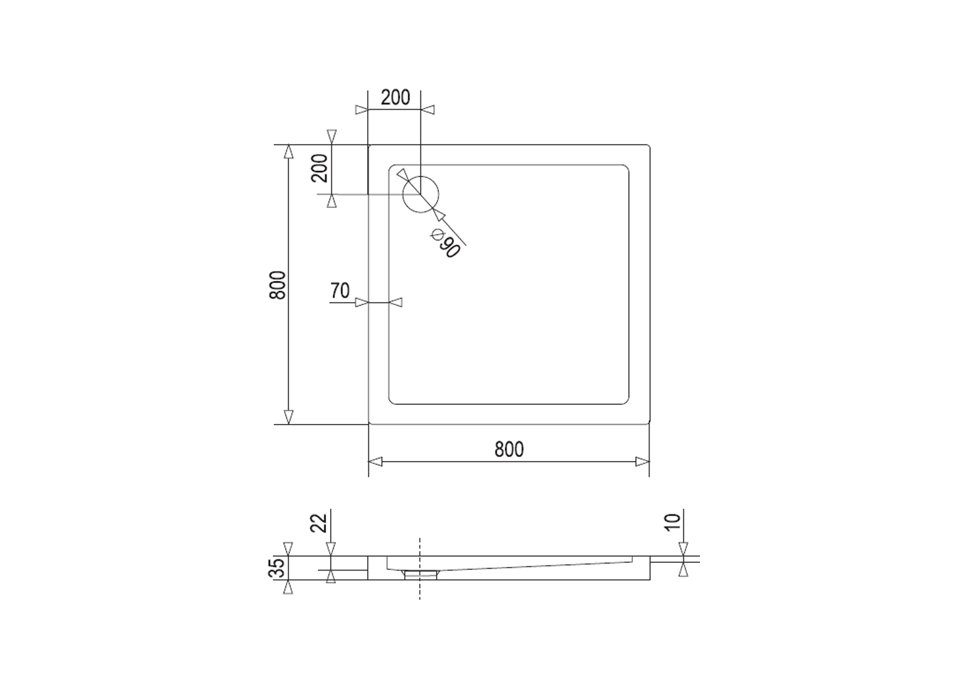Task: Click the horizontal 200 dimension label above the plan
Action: tap(395, 98)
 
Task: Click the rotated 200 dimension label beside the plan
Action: tap(320, 168)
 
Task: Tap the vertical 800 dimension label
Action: tap(278, 285)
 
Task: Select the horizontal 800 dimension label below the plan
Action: tap(509, 449)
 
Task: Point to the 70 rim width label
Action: tap(340, 291)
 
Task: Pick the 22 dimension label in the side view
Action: tap(319, 523)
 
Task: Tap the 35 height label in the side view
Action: tap(278, 568)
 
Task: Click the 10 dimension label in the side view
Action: tap(673, 523)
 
